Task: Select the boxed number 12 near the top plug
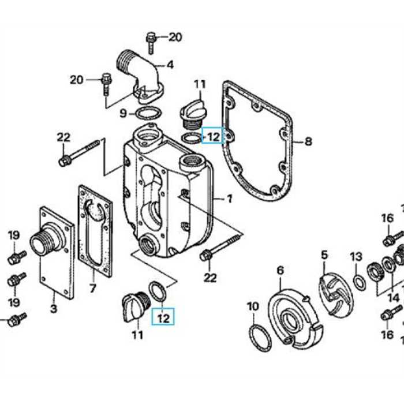pos(212,137)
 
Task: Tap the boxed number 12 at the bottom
pos(164,317)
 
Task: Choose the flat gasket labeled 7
pos(95,231)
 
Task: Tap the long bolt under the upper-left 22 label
pos(81,153)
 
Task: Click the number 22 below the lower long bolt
pos(210,278)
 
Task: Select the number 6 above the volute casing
pos(280,270)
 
